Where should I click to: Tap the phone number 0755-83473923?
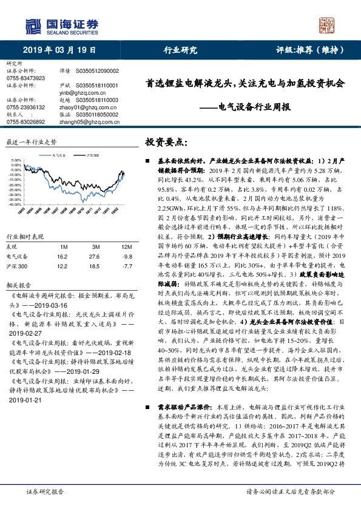pos(25,78)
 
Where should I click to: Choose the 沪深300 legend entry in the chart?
pos(92,156)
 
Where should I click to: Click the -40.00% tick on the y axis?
pos(13,205)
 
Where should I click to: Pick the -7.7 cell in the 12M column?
pos(126,266)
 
